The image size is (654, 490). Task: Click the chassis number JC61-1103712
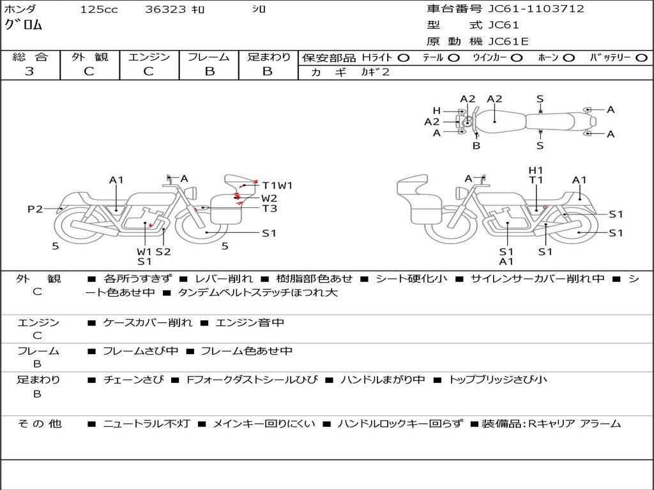pos(536,9)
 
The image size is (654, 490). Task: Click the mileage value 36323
pos(165,10)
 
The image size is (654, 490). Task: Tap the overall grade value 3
pos(29,71)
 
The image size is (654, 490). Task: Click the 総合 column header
pos(29,57)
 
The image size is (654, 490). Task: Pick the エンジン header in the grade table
pos(149,57)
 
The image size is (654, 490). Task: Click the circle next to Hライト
pos(406,57)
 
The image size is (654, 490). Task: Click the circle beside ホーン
pos(569,57)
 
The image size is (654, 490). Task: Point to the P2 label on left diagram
pos(35,209)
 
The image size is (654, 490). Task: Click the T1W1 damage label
pos(277,186)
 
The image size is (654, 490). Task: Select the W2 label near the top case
pos(269,198)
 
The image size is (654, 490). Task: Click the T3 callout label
pos(269,209)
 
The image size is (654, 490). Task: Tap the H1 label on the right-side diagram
pos(536,170)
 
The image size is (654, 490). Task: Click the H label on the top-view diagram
pos(437,110)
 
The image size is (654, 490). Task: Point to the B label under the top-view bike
pos(476,145)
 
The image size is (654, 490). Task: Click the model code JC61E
pos(508,41)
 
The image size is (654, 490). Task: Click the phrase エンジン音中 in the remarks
pos(250,323)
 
